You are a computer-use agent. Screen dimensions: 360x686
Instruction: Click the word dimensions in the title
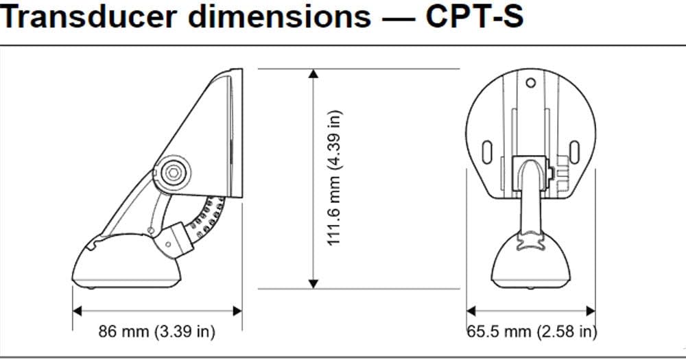(274, 19)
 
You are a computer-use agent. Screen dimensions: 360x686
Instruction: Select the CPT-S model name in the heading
(474, 19)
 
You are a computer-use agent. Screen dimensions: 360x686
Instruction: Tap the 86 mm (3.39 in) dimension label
(157, 333)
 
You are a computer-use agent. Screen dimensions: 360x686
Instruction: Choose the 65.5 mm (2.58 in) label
(531, 333)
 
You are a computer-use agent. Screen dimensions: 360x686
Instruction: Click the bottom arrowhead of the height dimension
(314, 282)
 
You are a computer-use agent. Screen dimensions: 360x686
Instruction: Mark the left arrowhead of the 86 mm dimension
(78, 311)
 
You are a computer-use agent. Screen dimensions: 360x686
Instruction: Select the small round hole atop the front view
(530, 84)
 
